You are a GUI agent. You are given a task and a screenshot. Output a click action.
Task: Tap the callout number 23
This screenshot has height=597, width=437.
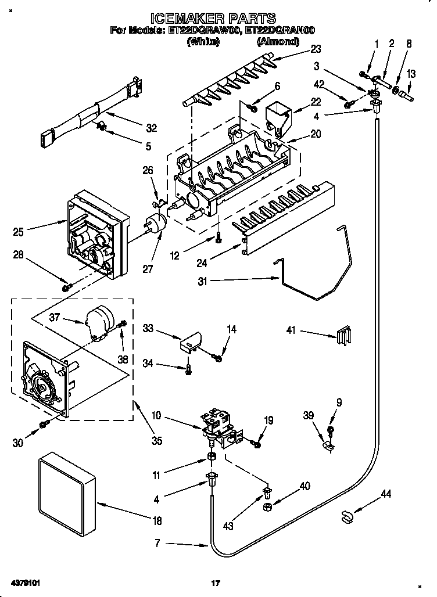pyautogui.click(x=315, y=49)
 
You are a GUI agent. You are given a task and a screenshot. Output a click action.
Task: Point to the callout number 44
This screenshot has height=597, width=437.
pyautogui.click(x=385, y=494)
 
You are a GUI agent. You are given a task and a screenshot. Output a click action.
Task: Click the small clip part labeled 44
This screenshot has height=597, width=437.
pyautogui.click(x=348, y=515)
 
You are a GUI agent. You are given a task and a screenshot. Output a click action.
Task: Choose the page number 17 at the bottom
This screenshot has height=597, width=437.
pyautogui.click(x=216, y=582)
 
